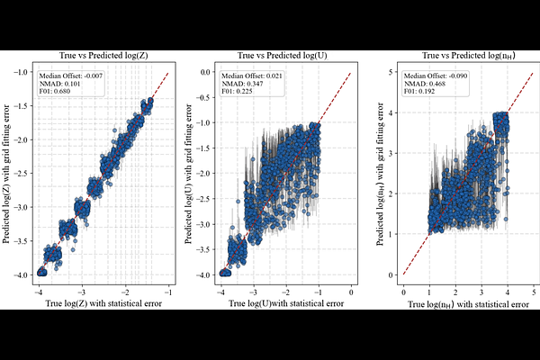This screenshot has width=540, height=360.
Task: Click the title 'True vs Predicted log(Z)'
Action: [x=103, y=56]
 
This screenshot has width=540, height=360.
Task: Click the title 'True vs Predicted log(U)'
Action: [x=282, y=56]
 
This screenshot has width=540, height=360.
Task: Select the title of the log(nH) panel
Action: [x=469, y=56]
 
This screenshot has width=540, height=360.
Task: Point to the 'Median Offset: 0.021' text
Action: [x=252, y=76]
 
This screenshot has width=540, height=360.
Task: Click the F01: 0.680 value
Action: [x=55, y=91]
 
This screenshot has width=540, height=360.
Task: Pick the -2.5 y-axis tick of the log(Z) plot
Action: [x=22, y=174]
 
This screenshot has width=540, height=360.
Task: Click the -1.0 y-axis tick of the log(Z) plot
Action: [x=22, y=72]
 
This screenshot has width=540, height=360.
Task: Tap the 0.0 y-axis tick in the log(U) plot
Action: [x=205, y=72]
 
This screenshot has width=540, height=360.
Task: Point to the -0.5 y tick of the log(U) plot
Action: [x=203, y=97]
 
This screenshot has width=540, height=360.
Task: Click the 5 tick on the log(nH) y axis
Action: [x=391, y=72]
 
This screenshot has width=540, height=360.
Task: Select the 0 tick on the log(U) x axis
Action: [x=351, y=292]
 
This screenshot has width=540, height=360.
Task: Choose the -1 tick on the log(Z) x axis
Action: [x=168, y=292]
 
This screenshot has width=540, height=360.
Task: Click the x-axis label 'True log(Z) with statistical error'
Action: [x=103, y=303]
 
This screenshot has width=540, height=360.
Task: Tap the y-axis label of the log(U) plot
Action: [x=188, y=174]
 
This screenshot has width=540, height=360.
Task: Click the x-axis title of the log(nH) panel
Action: [x=468, y=304]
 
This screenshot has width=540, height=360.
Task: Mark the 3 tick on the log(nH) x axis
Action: [x=481, y=292]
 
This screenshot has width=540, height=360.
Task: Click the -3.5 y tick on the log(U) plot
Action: [x=203, y=249]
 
